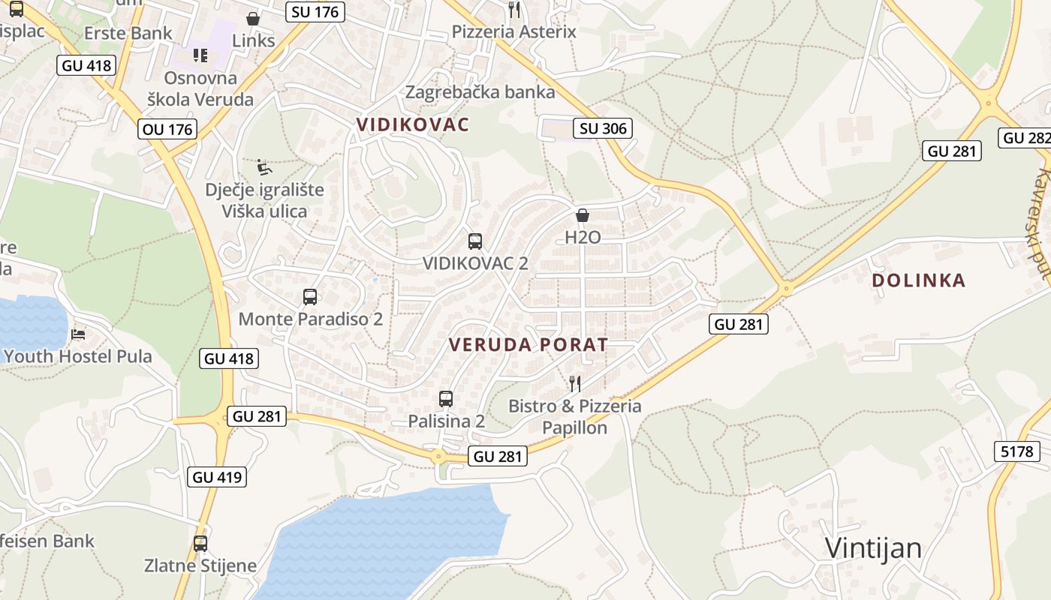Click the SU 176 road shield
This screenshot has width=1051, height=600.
click(x=315, y=11)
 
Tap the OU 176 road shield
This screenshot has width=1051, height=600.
click(x=167, y=129)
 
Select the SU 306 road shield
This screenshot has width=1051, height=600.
click(x=603, y=128)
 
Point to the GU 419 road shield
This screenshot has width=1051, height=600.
click(x=218, y=476)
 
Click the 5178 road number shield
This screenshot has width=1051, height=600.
click(x=1017, y=451)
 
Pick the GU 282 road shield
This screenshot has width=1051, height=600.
click(x=1025, y=138)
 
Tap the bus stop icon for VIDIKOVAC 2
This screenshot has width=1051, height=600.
click(x=475, y=241)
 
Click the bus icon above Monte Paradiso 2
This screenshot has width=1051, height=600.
click(x=310, y=297)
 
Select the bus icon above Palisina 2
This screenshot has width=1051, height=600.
click(x=446, y=399)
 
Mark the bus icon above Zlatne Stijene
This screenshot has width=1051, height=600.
click(x=200, y=544)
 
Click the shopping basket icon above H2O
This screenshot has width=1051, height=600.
click(x=583, y=216)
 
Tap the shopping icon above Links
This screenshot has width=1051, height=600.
click(x=253, y=19)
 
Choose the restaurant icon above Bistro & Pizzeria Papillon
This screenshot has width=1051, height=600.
click(x=575, y=384)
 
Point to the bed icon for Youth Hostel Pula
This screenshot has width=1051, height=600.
click(x=78, y=334)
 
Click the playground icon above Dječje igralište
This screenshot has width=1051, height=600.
click(x=264, y=166)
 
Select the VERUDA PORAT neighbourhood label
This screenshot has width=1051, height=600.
click(x=528, y=345)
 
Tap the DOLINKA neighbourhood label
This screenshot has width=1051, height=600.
click(x=918, y=280)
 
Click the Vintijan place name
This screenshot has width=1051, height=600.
click(x=873, y=548)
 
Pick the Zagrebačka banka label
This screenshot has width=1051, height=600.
click(x=480, y=92)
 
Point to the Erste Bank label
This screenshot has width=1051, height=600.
click(x=128, y=33)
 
